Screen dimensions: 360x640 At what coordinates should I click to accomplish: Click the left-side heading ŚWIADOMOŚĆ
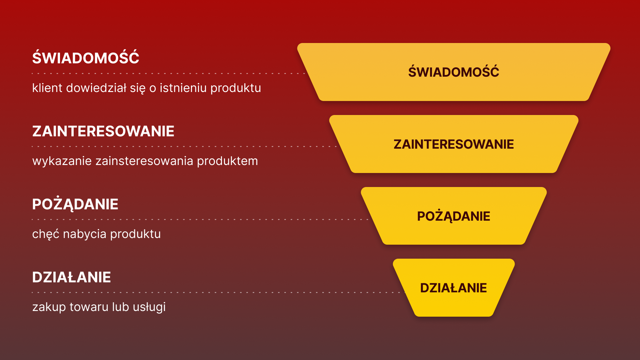[x=86, y=58]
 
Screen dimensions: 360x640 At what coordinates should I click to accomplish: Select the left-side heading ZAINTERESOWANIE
[x=103, y=131]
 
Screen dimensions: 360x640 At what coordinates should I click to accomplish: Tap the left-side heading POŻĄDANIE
[x=75, y=204]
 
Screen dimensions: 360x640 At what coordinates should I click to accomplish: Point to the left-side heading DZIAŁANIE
[x=71, y=277]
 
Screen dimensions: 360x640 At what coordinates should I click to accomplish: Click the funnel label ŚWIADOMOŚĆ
[x=453, y=72]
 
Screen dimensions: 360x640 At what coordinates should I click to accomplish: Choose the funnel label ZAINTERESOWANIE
[x=453, y=144]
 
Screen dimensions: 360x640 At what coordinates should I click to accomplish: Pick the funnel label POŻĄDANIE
[x=453, y=216]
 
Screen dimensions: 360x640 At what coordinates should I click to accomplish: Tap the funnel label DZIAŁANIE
[x=453, y=288]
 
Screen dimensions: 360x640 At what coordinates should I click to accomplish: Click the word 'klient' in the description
[x=47, y=88]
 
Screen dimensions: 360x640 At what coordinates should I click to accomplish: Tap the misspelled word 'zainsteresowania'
[x=144, y=161]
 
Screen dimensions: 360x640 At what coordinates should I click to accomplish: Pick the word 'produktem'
[x=227, y=161]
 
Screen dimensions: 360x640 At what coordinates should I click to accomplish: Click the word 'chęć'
[x=45, y=234]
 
